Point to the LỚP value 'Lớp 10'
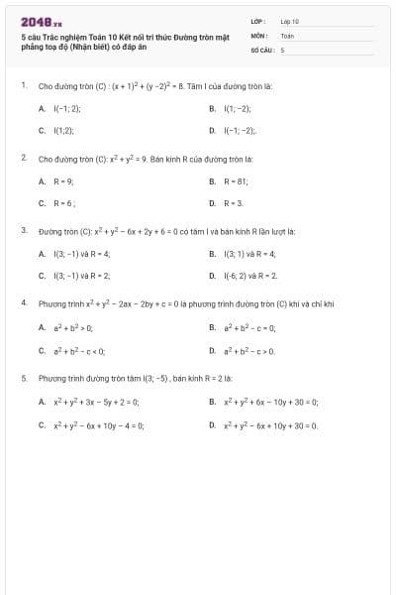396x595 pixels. click(x=290, y=21)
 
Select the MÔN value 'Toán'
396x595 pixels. click(x=287, y=35)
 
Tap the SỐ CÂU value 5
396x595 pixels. click(x=282, y=48)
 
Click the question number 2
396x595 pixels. click(x=23, y=157)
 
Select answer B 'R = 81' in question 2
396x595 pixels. click(x=235, y=180)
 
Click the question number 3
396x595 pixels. click(x=23, y=230)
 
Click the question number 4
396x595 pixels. click(x=23, y=302)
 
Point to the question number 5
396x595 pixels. click(x=23, y=377)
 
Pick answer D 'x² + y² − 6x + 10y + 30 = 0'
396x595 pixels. click(x=270, y=423)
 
